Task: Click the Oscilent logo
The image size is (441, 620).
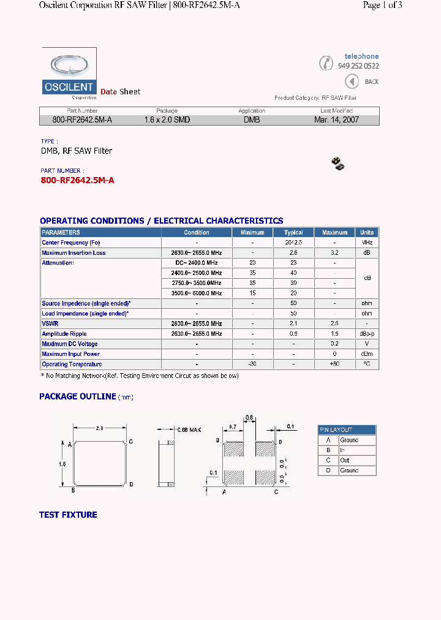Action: coord(69,73)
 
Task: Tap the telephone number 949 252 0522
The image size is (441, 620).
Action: coord(358,66)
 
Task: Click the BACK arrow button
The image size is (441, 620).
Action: coord(352,81)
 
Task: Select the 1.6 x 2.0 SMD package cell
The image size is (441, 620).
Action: coord(167,120)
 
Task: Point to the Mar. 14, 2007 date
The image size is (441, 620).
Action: coord(336,120)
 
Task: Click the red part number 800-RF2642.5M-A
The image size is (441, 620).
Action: coord(77,180)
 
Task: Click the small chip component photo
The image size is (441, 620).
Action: coord(337,163)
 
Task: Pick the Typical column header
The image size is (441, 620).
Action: coord(293,233)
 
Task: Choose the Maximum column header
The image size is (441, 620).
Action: coord(334,233)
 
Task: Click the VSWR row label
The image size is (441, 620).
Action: coord(50,323)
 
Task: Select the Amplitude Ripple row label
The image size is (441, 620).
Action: coord(64,334)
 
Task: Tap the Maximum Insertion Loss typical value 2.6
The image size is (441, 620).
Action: coord(293,253)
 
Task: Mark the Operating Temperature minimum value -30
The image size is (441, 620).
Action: coord(252,365)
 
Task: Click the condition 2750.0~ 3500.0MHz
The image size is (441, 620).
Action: coord(197,283)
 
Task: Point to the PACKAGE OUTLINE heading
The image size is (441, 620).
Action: coord(78,396)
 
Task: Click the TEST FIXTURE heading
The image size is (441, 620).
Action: coord(68,515)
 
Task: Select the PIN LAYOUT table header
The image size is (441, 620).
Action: coord(347,430)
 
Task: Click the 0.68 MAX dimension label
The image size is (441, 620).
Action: coord(188,430)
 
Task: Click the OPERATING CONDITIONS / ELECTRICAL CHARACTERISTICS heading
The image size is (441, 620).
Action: coord(161,221)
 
